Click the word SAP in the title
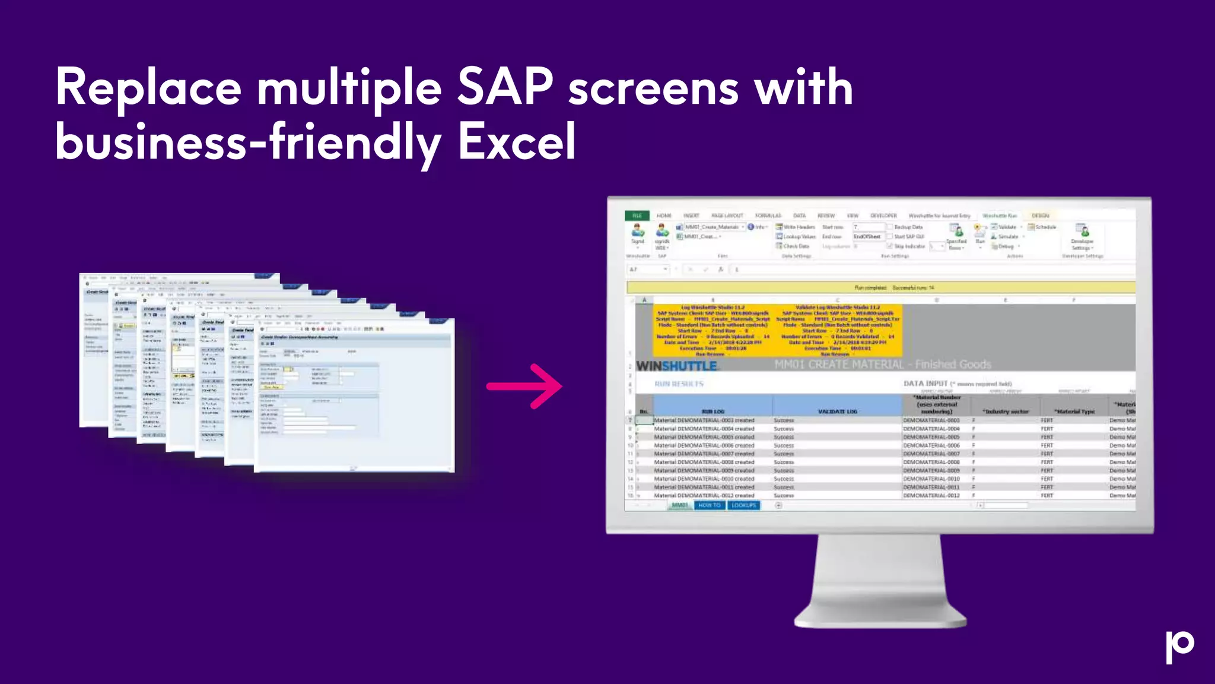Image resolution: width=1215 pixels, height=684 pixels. pyautogui.click(x=505, y=88)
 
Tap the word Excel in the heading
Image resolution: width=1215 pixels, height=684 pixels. pyautogui.click(x=517, y=142)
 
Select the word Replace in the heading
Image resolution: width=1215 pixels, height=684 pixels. pyautogui.click(x=148, y=88)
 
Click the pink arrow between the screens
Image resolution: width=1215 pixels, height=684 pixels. pyautogui.click(x=524, y=387)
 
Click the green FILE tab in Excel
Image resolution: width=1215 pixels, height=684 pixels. pyautogui.click(x=637, y=216)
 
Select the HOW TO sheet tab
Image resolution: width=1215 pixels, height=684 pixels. pyautogui.click(x=709, y=505)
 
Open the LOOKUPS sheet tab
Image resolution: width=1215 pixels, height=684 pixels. pyautogui.click(x=743, y=505)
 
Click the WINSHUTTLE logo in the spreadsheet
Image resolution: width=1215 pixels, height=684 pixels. pyautogui.click(x=676, y=366)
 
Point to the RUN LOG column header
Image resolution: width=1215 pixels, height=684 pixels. pyautogui.click(x=713, y=411)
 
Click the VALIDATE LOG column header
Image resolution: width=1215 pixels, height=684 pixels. pyautogui.click(x=837, y=411)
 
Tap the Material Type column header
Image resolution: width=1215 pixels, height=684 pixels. pyautogui.click(x=1074, y=411)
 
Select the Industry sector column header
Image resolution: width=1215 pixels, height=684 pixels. pyautogui.click(x=1005, y=411)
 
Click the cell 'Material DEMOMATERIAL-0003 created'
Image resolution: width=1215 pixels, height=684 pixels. pyautogui.click(x=704, y=420)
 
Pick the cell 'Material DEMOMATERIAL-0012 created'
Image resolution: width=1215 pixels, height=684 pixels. pyautogui.click(x=704, y=495)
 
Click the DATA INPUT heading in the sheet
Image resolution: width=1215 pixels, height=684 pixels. pyautogui.click(x=925, y=384)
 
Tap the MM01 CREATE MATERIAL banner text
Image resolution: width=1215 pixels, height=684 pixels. pyautogui.click(x=883, y=365)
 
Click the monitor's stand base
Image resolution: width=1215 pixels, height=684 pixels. pyautogui.click(x=880, y=617)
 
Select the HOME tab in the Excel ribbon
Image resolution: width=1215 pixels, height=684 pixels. pyautogui.click(x=664, y=216)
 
